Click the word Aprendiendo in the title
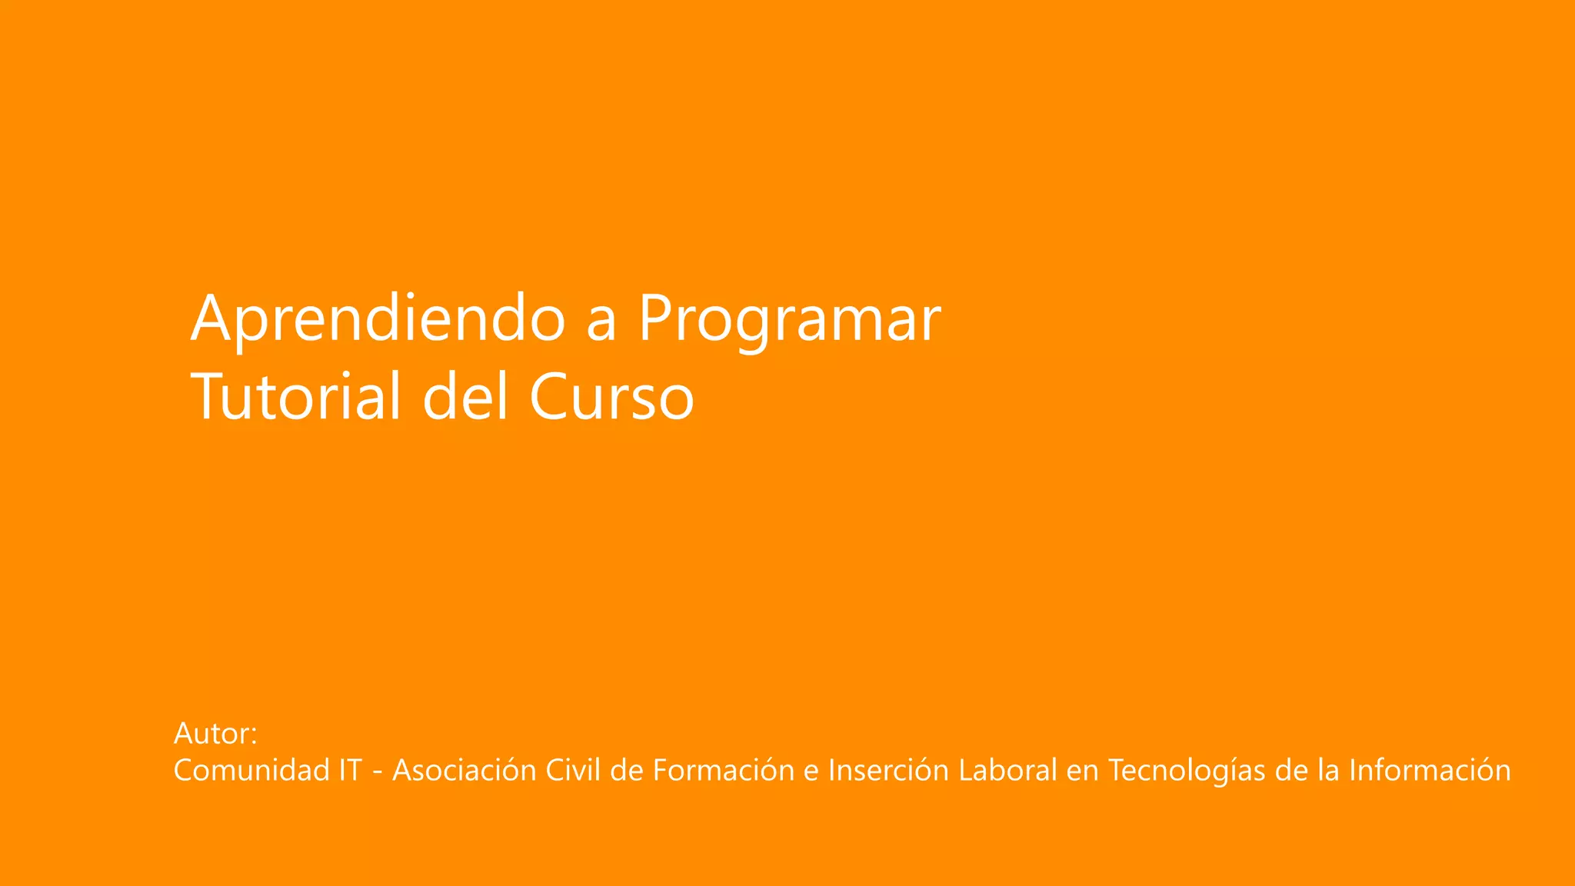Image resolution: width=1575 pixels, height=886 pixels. pos(378,319)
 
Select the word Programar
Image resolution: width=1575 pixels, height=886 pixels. pos(790,319)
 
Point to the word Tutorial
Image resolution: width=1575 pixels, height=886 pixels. pos(297,396)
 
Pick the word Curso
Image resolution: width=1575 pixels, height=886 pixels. pos(611,398)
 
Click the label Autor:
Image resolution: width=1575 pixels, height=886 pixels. pos(215,734)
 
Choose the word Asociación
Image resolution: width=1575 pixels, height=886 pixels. pos(464,770)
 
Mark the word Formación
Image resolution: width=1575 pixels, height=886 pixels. pos(723,770)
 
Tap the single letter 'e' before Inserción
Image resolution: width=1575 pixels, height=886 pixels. pos(811,772)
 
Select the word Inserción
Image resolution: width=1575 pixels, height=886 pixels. pos(888,770)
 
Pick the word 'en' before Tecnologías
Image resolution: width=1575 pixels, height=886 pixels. pos(1082,772)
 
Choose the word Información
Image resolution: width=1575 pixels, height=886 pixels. pos(1430,770)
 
